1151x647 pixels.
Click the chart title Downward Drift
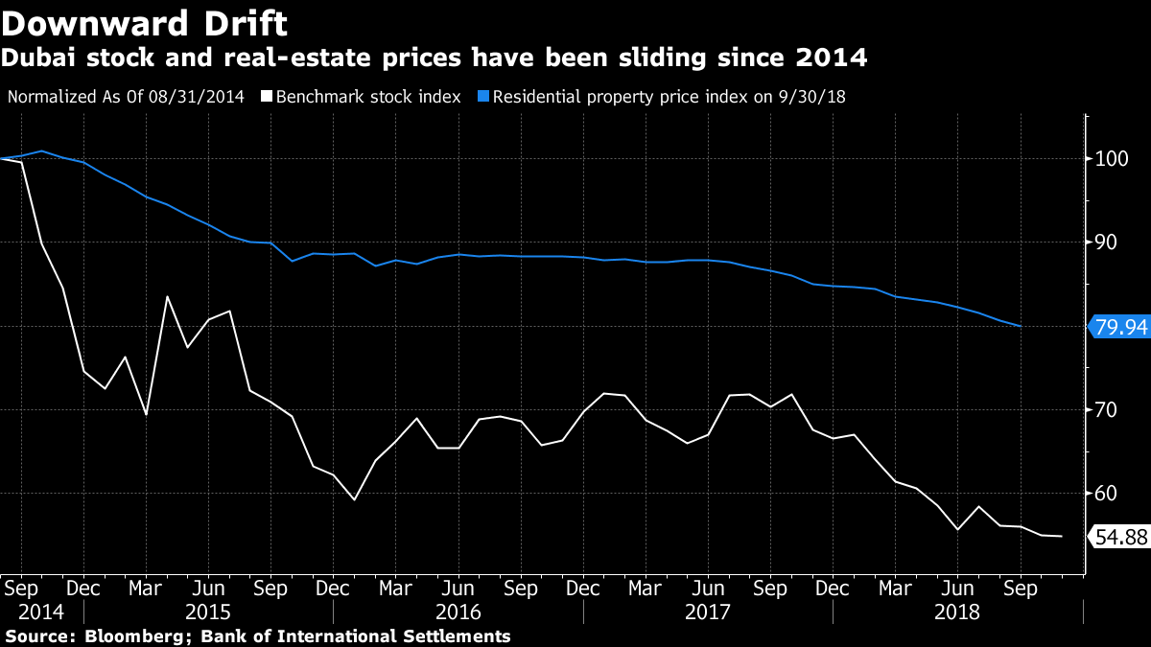coord(144,21)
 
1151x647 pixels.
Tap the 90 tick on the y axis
coord(1107,243)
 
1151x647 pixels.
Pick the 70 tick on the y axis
coord(1107,410)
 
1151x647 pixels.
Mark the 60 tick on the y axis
coord(1107,494)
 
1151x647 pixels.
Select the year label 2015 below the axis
coord(208,611)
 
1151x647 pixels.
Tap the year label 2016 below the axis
coord(458,611)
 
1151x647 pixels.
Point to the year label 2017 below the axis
coord(708,611)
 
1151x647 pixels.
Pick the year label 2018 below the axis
coord(957,611)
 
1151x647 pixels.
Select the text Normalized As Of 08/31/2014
coord(126,97)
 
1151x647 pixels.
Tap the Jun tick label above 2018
coord(957,588)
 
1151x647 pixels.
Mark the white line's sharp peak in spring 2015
coord(167,296)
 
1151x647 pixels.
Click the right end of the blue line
coord(1020,327)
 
